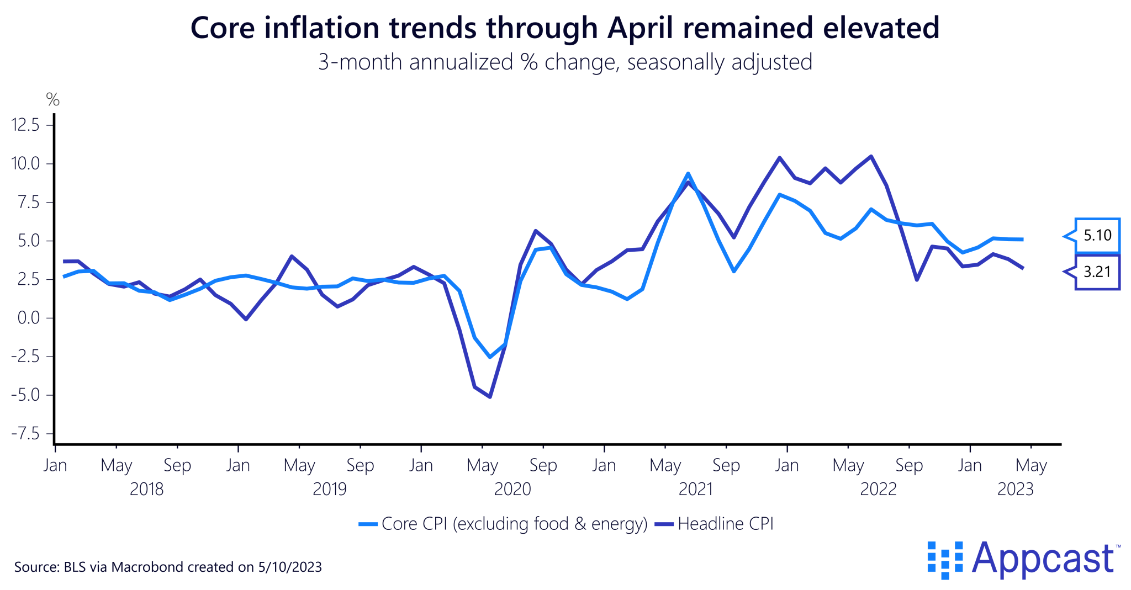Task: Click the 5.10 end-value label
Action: coord(1097,236)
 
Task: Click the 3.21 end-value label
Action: coord(1097,272)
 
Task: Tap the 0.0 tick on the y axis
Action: coord(29,318)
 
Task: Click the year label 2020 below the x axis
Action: coord(512,489)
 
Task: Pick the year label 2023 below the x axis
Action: coord(1015,489)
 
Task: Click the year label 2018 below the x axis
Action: coord(146,489)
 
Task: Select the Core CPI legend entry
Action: coord(514,523)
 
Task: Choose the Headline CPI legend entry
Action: coord(725,523)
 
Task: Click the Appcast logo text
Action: coord(1043,559)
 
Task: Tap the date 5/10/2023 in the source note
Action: coord(289,567)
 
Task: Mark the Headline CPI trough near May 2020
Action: coord(490,396)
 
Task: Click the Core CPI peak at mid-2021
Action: coord(688,174)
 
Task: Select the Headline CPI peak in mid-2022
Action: coord(871,156)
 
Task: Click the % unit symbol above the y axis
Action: coord(52,100)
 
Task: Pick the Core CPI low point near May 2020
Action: coord(490,357)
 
